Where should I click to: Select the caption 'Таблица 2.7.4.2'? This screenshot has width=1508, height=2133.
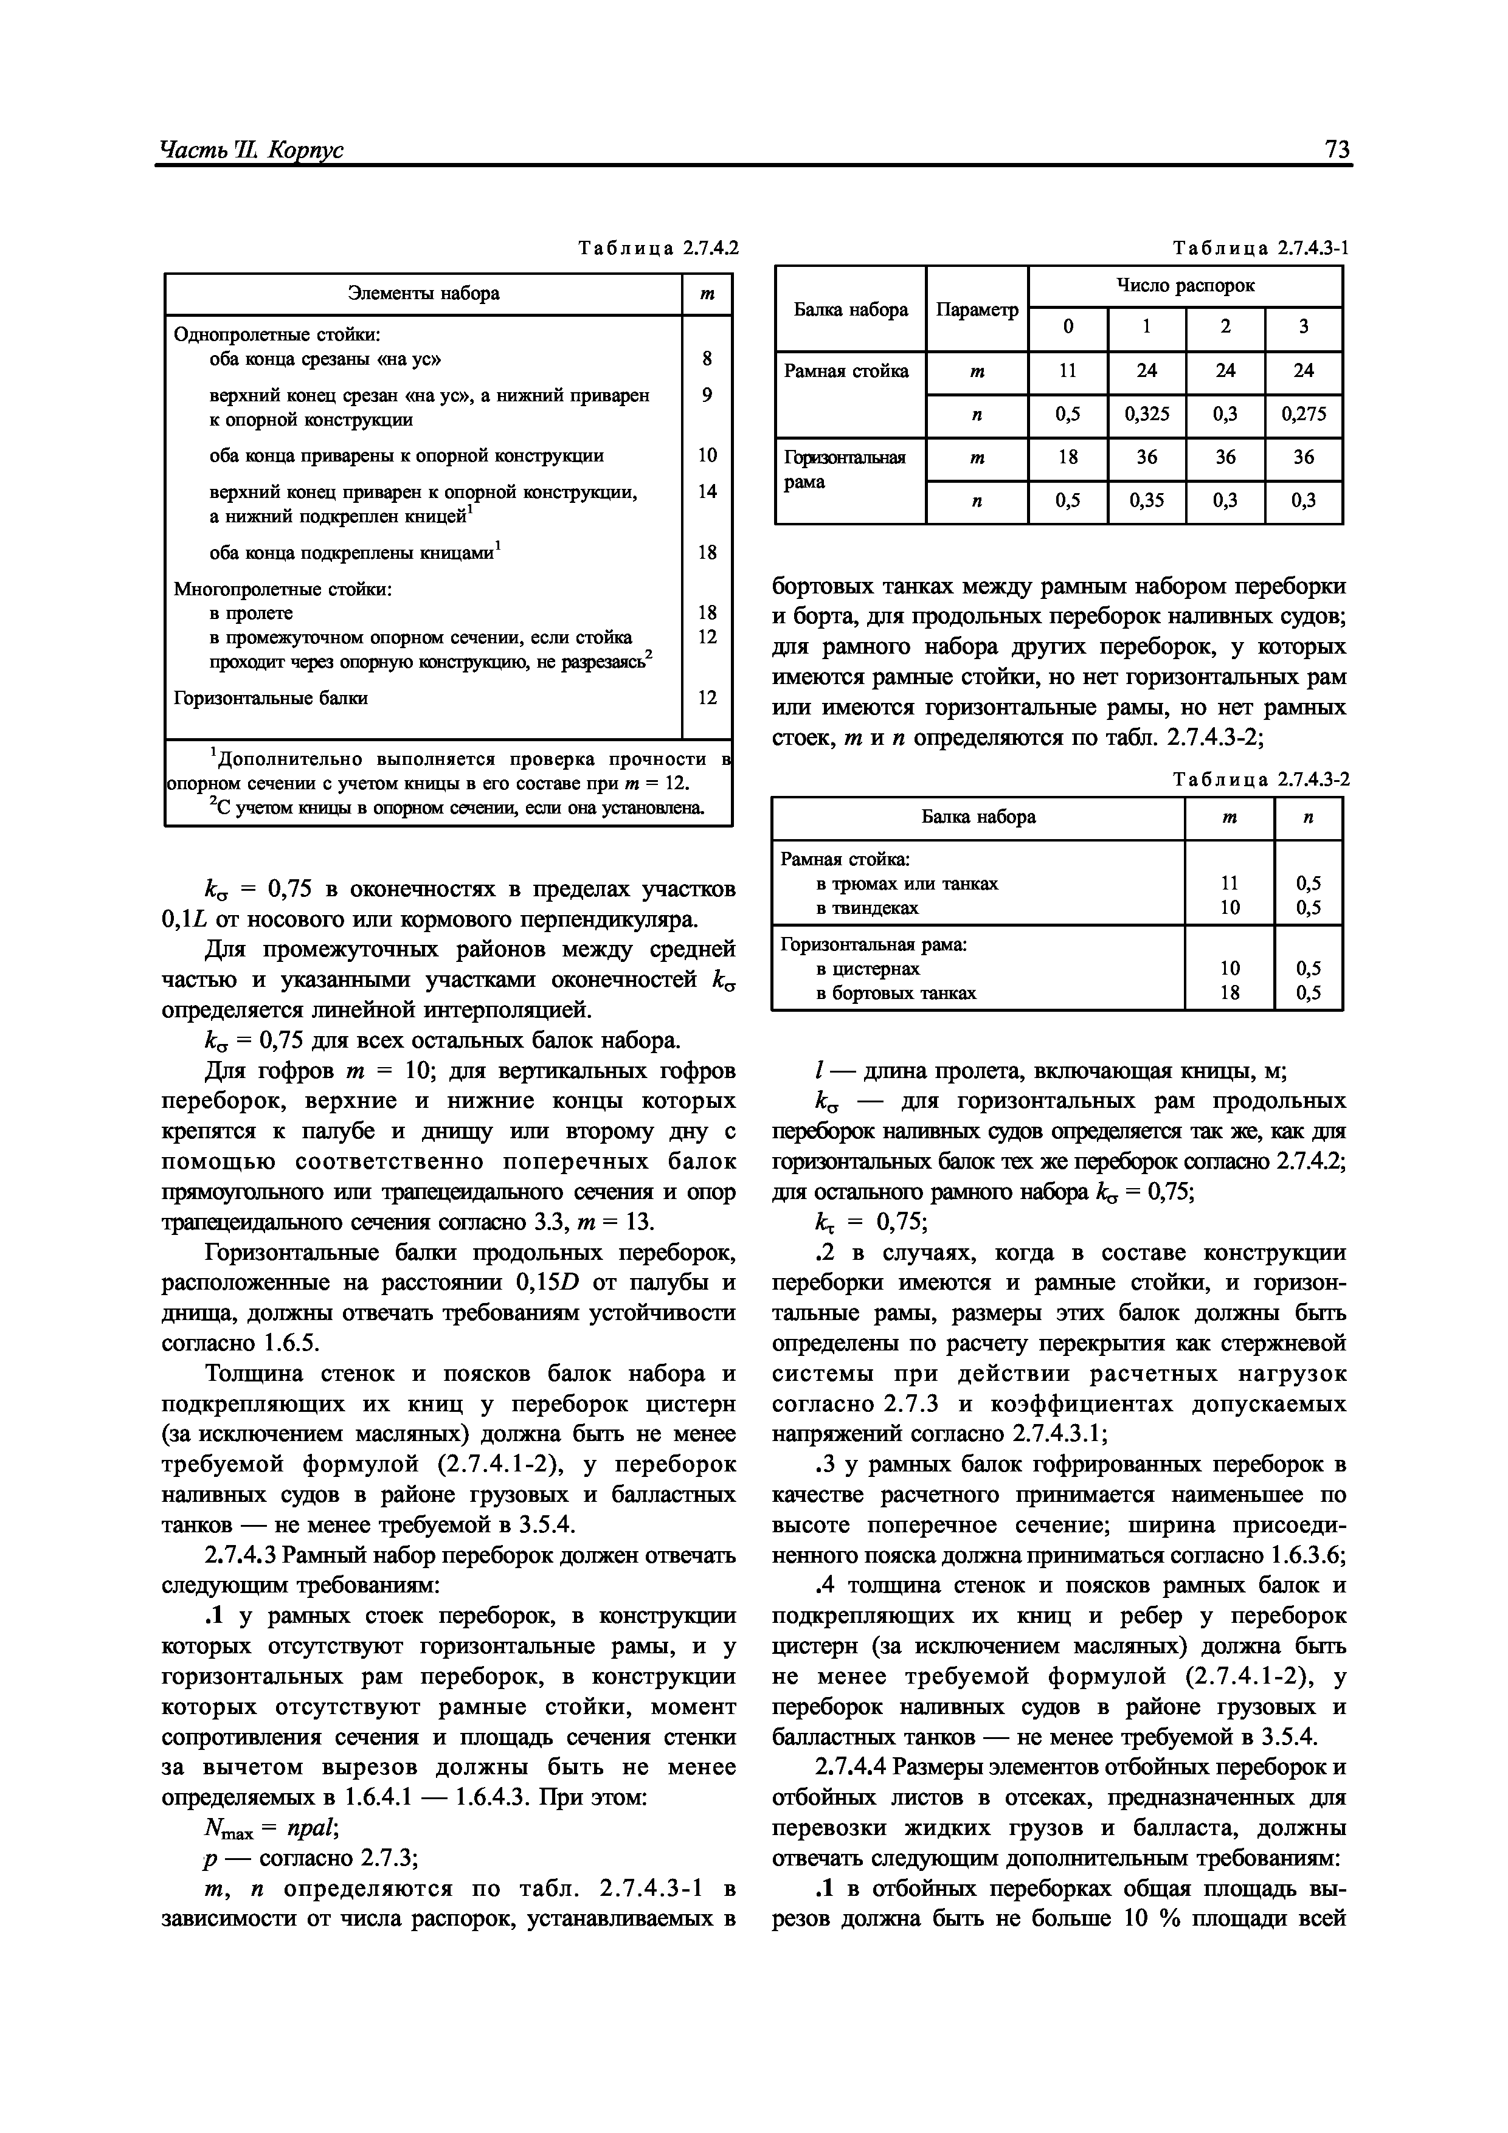click(x=658, y=249)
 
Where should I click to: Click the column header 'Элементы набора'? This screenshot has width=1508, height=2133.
click(x=424, y=294)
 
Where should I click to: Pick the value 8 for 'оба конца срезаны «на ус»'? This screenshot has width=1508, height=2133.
click(x=707, y=359)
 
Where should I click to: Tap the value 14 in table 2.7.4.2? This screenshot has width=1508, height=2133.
click(x=707, y=491)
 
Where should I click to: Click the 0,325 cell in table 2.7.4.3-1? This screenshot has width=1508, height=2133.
click(x=1147, y=415)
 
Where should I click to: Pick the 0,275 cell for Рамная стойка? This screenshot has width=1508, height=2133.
click(x=1304, y=415)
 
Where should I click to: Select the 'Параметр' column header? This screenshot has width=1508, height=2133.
click(x=977, y=309)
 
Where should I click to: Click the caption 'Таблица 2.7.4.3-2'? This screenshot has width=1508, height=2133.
click(x=1262, y=780)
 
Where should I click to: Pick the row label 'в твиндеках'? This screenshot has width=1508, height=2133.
click(x=867, y=908)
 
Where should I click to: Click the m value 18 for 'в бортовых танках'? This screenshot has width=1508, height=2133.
click(x=1230, y=993)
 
